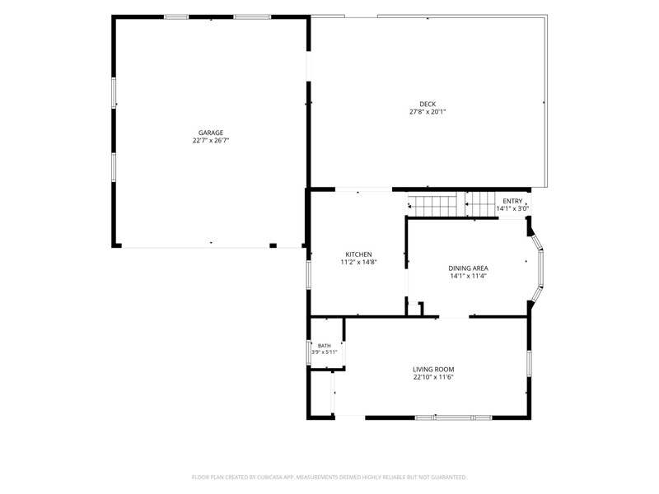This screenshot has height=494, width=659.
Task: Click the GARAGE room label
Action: click(x=211, y=133)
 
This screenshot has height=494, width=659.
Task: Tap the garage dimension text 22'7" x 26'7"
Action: click(x=211, y=141)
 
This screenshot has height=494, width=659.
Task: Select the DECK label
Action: click(x=428, y=105)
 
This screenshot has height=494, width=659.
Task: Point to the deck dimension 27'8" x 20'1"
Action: click(x=428, y=112)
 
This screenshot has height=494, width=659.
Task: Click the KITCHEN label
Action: click(x=358, y=254)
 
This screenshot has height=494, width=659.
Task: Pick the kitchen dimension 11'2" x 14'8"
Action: click(x=358, y=263)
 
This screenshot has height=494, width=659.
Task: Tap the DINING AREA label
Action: click(x=468, y=268)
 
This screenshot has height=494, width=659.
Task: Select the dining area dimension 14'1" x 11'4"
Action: click(x=468, y=277)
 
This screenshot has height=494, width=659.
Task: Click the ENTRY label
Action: click(x=512, y=201)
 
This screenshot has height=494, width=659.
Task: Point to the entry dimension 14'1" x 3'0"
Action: click(x=512, y=209)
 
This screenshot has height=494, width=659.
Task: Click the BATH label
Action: click(x=324, y=346)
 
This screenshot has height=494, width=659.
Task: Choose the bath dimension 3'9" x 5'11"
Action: click(x=324, y=352)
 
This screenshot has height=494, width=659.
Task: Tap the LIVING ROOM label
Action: click(x=433, y=370)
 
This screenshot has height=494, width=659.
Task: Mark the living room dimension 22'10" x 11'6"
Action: click(x=433, y=377)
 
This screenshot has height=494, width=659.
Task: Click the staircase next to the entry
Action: click(x=451, y=204)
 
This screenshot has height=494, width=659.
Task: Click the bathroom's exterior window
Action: click(x=307, y=352)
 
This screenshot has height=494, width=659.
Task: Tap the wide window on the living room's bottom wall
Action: click(x=454, y=417)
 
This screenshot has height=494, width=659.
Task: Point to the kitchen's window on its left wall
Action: click(x=308, y=274)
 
